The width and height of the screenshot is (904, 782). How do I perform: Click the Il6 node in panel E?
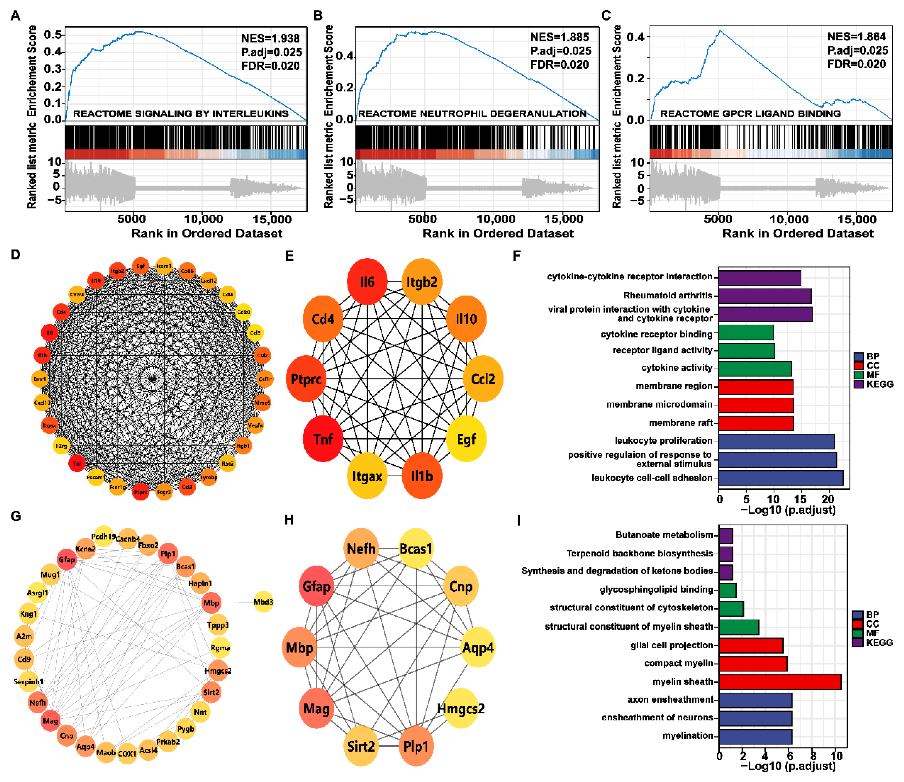tap(367, 281)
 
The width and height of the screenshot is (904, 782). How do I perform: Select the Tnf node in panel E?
tap(323, 439)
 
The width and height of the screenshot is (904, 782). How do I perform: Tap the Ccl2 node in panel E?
tap(483, 379)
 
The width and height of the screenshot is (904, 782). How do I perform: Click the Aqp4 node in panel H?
tap(478, 648)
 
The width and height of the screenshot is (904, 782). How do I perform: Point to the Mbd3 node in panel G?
tap(263, 602)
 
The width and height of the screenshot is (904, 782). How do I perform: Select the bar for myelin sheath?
tap(779, 682)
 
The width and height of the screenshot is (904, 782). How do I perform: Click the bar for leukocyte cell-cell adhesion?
tap(781, 478)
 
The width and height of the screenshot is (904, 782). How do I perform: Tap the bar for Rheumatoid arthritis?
tap(765, 296)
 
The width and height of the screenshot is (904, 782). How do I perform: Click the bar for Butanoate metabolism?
tap(725, 535)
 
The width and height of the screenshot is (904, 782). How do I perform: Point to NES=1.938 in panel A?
tap(270, 38)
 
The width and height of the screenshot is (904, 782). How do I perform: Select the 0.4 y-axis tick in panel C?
tap(635, 37)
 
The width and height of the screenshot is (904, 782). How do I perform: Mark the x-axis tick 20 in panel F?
tap(828, 498)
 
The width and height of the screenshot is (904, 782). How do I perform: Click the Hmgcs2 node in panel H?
tap(461, 709)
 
